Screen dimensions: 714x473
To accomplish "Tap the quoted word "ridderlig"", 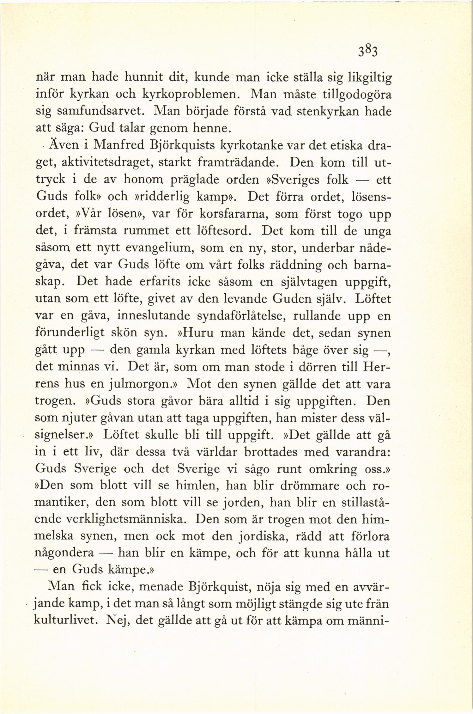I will [x=163, y=197].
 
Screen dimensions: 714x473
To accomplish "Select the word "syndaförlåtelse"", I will [x=233, y=316].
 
